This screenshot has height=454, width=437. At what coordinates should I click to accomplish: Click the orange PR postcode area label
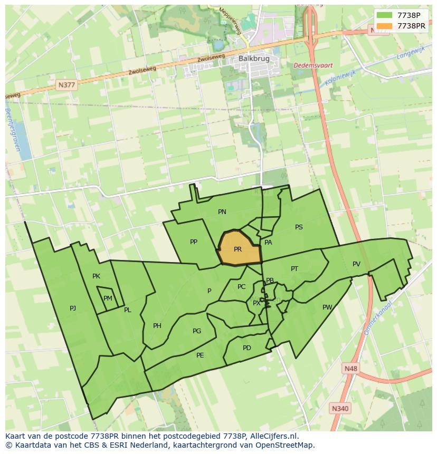[x=237, y=249]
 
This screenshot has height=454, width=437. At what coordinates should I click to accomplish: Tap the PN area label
[x=222, y=212]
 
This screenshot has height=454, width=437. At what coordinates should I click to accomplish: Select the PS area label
[x=299, y=227]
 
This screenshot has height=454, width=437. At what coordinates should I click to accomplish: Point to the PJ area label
[x=73, y=308]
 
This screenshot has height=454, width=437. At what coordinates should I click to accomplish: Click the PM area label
[x=108, y=298]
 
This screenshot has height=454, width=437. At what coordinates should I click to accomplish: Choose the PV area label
[x=356, y=264]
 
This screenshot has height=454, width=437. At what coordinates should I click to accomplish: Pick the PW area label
[x=327, y=307]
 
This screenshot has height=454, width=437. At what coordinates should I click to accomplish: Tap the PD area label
[x=247, y=348]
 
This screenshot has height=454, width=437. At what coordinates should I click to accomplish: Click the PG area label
[x=197, y=331]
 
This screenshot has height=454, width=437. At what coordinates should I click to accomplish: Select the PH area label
[x=157, y=326]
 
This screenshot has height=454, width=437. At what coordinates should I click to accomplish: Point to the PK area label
[x=96, y=276]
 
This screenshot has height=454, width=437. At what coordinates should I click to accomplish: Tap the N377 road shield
[x=67, y=84]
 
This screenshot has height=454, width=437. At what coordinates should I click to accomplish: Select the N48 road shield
[x=350, y=368]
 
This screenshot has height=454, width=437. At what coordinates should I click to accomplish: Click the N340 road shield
[x=340, y=408]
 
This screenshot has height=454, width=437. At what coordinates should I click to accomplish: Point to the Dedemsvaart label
[x=313, y=65]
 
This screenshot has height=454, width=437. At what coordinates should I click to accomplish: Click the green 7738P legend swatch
[x=384, y=15]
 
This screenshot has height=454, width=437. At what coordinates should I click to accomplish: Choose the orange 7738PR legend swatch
[x=384, y=26]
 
